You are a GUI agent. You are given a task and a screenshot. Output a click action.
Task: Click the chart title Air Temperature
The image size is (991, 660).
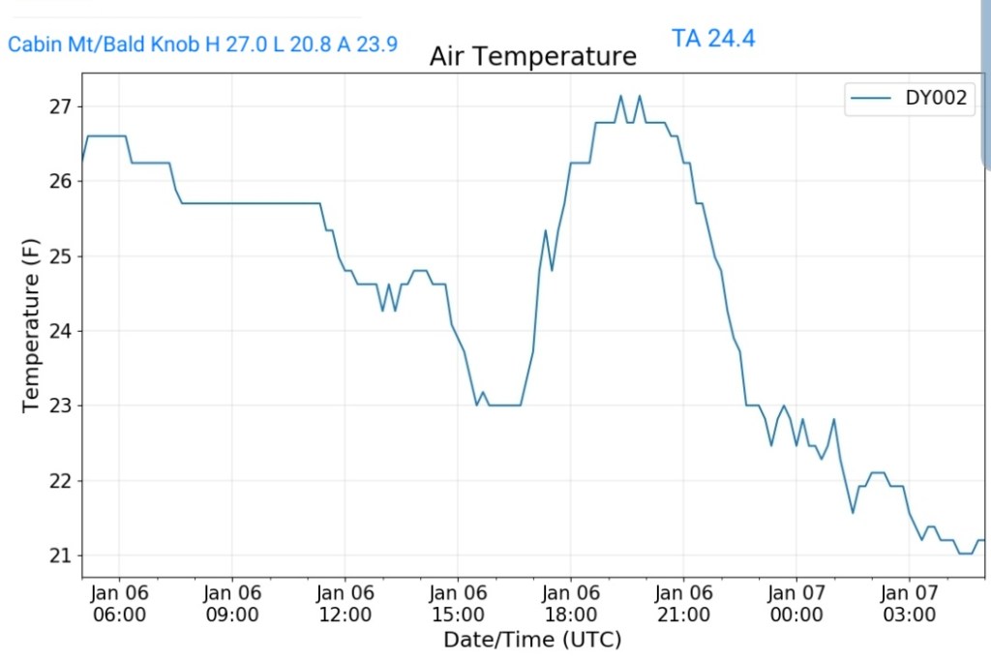point(532,57)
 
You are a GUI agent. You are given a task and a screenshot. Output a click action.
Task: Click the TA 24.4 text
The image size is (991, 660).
point(712,39)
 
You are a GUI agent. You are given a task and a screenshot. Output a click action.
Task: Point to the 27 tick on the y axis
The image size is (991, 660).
point(59,106)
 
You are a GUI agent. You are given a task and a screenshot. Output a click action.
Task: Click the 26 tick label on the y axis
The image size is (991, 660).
point(59,181)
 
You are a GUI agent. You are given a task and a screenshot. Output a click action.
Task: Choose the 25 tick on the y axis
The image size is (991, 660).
point(59,256)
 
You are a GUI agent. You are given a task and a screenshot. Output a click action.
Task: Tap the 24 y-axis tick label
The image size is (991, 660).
point(59,331)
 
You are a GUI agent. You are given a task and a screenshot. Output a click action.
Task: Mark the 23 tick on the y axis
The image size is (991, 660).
point(59,406)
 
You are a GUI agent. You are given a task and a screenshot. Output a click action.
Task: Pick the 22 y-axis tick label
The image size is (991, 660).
point(59,481)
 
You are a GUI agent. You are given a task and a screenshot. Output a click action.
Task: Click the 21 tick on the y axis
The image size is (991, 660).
point(59,555)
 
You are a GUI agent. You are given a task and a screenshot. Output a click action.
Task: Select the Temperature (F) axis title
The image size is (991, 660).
point(31,331)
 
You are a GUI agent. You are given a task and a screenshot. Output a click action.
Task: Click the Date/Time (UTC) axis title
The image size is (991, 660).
point(532,640)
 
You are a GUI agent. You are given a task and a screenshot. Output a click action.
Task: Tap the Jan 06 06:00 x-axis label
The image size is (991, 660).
point(120,604)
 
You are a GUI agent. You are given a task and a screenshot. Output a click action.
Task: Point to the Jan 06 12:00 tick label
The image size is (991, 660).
point(345,604)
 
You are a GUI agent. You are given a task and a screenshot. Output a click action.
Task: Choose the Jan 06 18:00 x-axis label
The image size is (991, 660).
point(570,604)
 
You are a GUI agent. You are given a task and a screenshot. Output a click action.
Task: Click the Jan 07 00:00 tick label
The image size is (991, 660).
point(796,604)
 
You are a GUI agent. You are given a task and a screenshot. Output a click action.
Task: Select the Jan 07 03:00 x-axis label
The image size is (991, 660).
point(909,604)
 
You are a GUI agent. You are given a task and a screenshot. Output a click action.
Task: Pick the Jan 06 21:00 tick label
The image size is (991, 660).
point(683,604)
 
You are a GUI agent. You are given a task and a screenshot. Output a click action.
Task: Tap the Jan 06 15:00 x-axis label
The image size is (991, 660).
point(458,604)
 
